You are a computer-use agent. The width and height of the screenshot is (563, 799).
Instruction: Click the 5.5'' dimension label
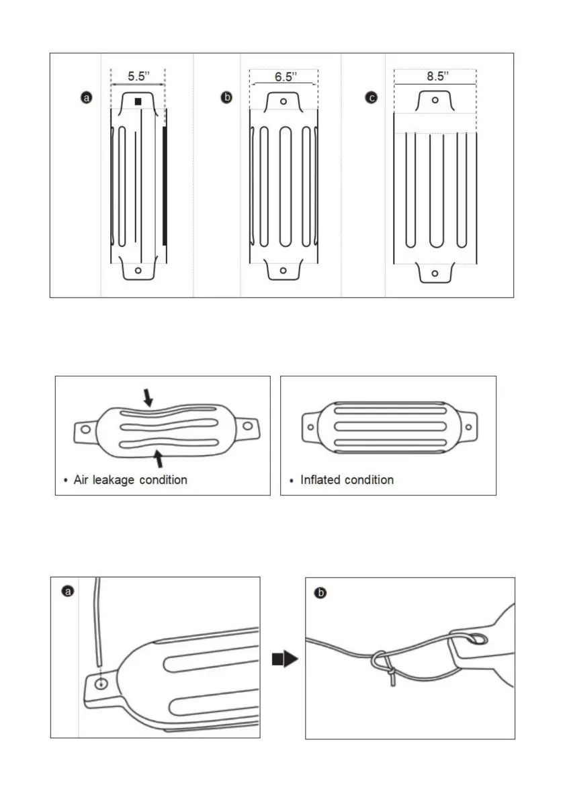pos(138,77)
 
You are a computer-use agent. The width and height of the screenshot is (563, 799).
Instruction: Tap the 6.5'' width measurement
pos(286,77)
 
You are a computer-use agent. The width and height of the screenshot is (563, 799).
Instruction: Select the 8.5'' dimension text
pos(437,77)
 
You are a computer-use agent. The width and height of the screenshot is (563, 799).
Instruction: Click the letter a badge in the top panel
pos(87,97)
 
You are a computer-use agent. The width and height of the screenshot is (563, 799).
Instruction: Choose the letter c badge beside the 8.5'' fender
pos(372,97)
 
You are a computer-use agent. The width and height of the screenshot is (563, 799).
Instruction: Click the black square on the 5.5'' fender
pos(138,101)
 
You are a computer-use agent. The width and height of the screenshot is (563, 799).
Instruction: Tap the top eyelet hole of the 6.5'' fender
pos(284,101)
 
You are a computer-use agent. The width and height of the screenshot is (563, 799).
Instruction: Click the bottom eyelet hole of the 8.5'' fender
pos(435,273)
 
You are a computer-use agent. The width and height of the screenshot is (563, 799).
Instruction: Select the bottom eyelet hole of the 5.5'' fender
pos(138,271)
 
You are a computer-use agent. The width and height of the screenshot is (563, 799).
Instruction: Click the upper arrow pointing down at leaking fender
pos(147,397)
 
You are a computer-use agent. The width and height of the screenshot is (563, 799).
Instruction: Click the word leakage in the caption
pos(114,480)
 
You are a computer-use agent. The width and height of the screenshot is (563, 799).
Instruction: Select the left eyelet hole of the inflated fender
pos(310,426)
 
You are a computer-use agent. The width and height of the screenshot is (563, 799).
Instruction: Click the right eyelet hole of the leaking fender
pos(248,426)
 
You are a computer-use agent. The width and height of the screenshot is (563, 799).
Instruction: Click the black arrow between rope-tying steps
pos(285,659)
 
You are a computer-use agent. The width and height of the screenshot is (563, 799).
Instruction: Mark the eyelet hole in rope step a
pos(101,684)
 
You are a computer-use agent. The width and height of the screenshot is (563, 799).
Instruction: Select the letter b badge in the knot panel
pos(320,593)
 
